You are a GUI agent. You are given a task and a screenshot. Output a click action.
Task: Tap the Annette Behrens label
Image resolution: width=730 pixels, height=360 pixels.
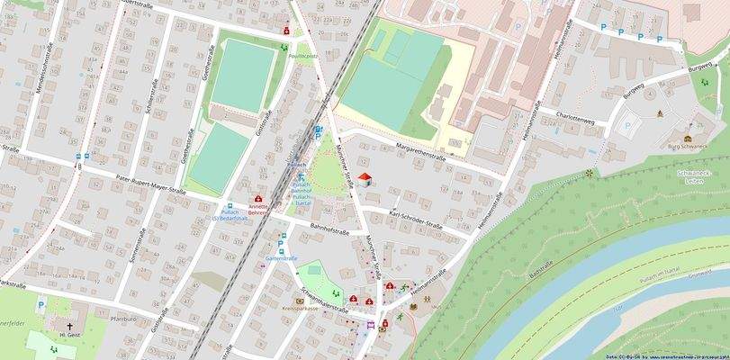258,210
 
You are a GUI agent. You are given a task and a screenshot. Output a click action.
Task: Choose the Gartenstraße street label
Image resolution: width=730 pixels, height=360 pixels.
281,258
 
